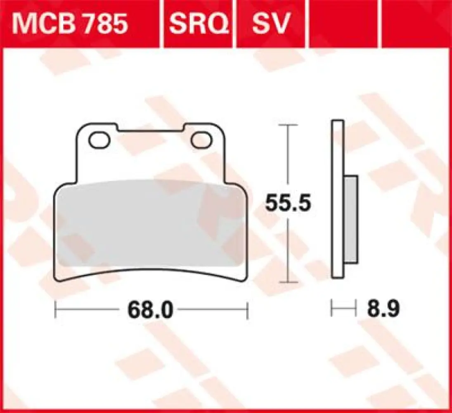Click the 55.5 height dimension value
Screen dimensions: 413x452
click(287, 203)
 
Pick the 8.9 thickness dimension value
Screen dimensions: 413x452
click(381, 309)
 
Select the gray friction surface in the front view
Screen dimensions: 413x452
click(151, 223)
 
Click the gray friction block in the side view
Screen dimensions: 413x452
click(350, 219)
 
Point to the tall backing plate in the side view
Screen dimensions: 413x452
click(337, 198)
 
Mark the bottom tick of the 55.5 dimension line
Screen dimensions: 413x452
click(288, 282)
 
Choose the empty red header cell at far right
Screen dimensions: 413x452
click(415, 24)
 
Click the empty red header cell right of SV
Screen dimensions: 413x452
click(343, 24)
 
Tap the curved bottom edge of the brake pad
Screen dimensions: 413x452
click(151, 273)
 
